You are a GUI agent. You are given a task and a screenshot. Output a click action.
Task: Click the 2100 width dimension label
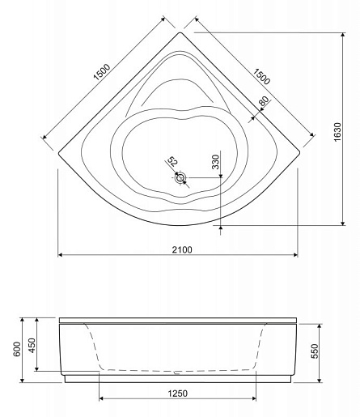pos(182,249)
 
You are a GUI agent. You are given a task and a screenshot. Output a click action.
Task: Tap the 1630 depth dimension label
pos(337,132)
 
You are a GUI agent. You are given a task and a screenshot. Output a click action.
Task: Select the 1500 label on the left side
pos(102,72)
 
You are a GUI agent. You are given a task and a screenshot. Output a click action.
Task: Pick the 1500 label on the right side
pos(261,76)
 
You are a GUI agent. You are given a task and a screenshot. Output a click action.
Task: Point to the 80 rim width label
pos(264,101)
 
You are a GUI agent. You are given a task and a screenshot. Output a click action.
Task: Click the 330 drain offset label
pos(216,162)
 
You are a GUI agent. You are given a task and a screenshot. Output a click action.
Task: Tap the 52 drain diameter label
pos(172,162)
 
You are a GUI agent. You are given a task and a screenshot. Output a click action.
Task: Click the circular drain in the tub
pos(180,177)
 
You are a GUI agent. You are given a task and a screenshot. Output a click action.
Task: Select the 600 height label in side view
pos(17,349)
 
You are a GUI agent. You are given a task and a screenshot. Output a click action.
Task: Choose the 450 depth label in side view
pos(32,346)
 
